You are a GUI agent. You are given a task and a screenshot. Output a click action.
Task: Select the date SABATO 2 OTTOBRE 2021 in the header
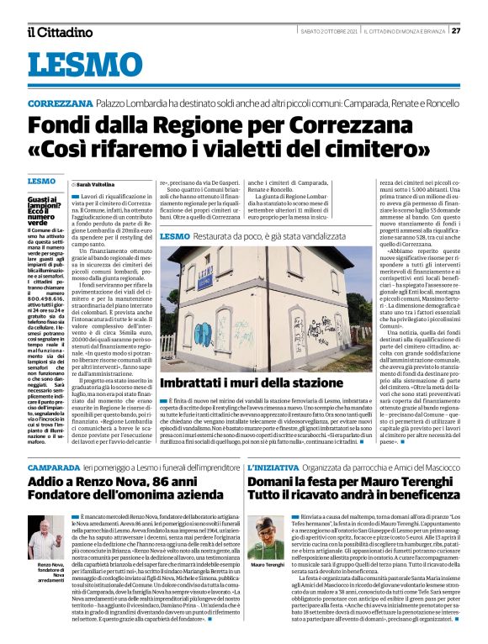tap(328, 32)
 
